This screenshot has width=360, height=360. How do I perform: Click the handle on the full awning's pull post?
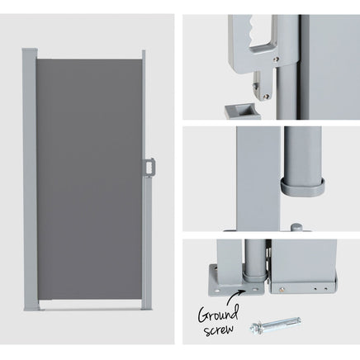coord(150,167)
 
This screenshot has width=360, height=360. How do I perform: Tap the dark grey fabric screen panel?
coord(89,179)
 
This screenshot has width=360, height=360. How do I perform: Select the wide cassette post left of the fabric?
coord(30,179)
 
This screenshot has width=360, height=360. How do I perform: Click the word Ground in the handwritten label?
coord(218,314)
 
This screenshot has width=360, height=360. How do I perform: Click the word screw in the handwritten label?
coord(219,329)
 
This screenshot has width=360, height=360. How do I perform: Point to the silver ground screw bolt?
coord(275,324)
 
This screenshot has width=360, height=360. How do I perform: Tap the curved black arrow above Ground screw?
coord(234,296)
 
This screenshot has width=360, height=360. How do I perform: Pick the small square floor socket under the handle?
coord(242,111)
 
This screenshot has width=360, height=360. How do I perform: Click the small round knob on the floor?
coord(296,227)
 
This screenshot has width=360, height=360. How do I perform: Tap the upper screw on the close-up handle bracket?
coord(277,59)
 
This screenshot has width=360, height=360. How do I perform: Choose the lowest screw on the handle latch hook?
coord(266,97)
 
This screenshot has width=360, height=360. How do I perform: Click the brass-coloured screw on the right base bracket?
coord(282,289)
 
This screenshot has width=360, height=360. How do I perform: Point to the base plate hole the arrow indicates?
coord(256,290)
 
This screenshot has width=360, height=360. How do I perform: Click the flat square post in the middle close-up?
coord(258,178)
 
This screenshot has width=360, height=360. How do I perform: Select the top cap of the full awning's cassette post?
coord(30,50)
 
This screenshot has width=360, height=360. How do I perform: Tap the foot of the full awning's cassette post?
coord(31,308)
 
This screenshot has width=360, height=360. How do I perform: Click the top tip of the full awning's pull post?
coord(144,51)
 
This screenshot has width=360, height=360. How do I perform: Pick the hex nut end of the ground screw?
coord(254,328)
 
